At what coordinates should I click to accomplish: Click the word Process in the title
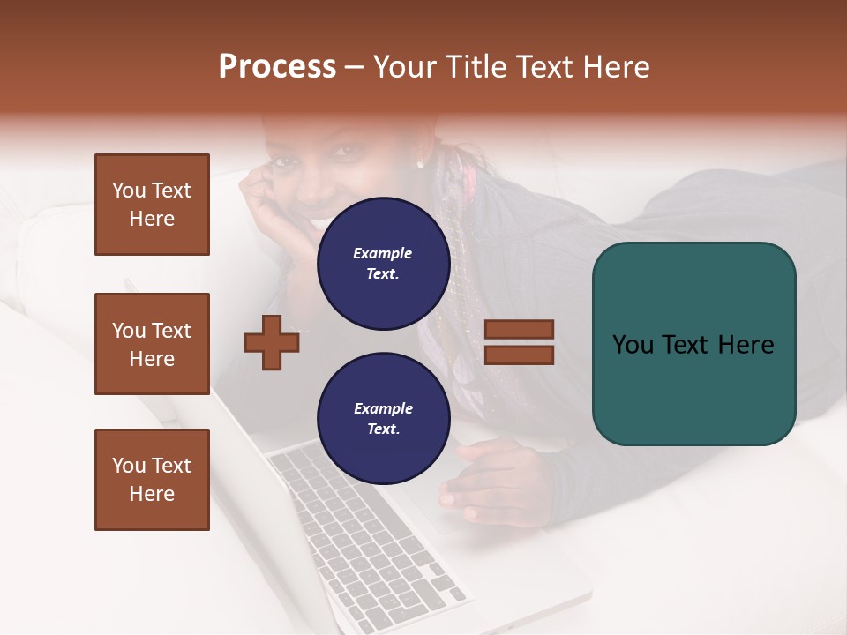(277, 67)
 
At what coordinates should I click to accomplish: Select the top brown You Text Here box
(152, 205)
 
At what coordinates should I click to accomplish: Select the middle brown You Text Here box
(152, 344)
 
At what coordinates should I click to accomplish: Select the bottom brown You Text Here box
(152, 480)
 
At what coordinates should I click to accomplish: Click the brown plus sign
(272, 342)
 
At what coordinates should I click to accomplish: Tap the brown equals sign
(520, 342)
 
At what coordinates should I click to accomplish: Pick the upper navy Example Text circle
(383, 263)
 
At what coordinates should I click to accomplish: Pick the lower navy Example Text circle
(383, 418)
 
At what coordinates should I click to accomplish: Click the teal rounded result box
(693, 343)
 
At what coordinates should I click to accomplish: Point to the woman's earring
(420, 164)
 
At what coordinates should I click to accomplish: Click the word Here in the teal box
(746, 345)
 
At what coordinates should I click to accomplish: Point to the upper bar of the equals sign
(520, 330)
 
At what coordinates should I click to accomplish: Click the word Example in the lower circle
(383, 408)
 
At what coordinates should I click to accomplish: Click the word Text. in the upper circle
(383, 273)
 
